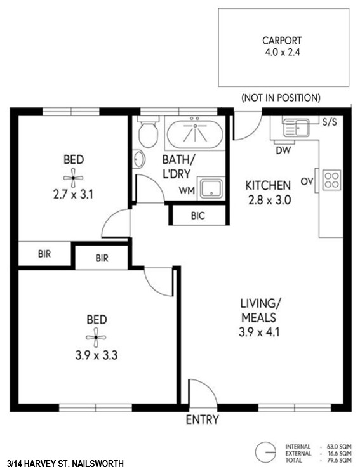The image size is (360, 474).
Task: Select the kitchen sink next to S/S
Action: click(296, 128)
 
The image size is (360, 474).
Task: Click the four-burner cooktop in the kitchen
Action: click(331, 180)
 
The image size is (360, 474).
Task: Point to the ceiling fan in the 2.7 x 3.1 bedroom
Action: click(73, 178)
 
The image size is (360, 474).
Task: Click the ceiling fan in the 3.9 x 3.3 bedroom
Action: click(96, 338)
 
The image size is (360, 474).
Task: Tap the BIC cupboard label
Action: click(198, 216)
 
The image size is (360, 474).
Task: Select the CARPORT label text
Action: click(282, 41)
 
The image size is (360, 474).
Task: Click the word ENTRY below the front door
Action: click(202, 419)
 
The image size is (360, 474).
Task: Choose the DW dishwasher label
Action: click(283, 150)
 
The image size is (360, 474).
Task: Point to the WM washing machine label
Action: click(187, 191)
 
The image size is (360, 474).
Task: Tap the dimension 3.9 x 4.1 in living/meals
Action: click(259, 332)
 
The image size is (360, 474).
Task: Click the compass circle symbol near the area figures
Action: click(265, 452)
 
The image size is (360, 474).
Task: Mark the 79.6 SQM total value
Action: click(339, 461)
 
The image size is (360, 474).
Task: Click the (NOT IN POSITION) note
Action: click(281, 98)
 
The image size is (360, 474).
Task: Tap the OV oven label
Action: click(307, 181)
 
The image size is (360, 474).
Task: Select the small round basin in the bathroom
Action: click(139, 159)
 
